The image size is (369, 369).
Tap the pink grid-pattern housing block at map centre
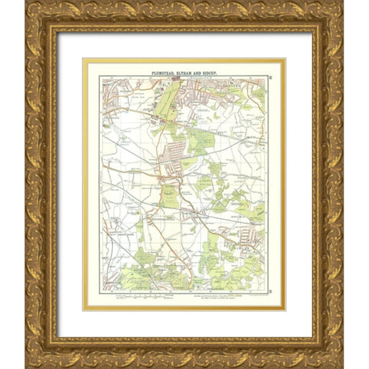[174, 150]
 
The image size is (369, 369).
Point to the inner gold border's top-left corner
[84, 59]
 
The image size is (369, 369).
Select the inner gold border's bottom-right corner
[284, 309]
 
